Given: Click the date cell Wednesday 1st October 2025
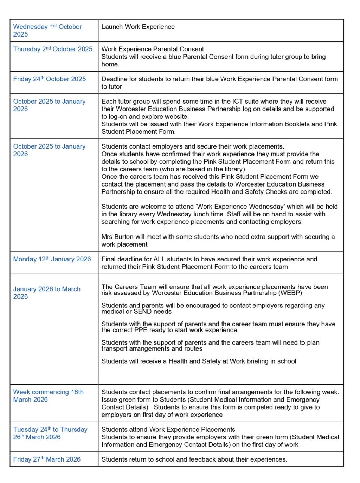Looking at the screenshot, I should click(47, 31).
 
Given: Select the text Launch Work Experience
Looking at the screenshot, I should click(138, 27).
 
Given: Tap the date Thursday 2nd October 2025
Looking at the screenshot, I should click(53, 49).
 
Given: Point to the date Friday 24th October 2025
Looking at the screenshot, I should click(50, 79).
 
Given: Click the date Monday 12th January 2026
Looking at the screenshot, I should click(52, 259).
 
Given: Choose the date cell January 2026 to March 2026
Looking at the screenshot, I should click(47, 293).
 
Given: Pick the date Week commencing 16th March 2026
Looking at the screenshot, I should click(49, 396).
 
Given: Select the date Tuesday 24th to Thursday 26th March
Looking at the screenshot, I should click(50, 433).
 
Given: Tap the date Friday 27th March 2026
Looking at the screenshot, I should click(47, 459).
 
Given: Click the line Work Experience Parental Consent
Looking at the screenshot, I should click(153, 49).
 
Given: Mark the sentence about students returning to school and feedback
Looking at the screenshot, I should click(194, 459).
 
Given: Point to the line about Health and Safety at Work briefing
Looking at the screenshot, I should click(199, 361).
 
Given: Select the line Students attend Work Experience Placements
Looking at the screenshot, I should click(168, 430).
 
